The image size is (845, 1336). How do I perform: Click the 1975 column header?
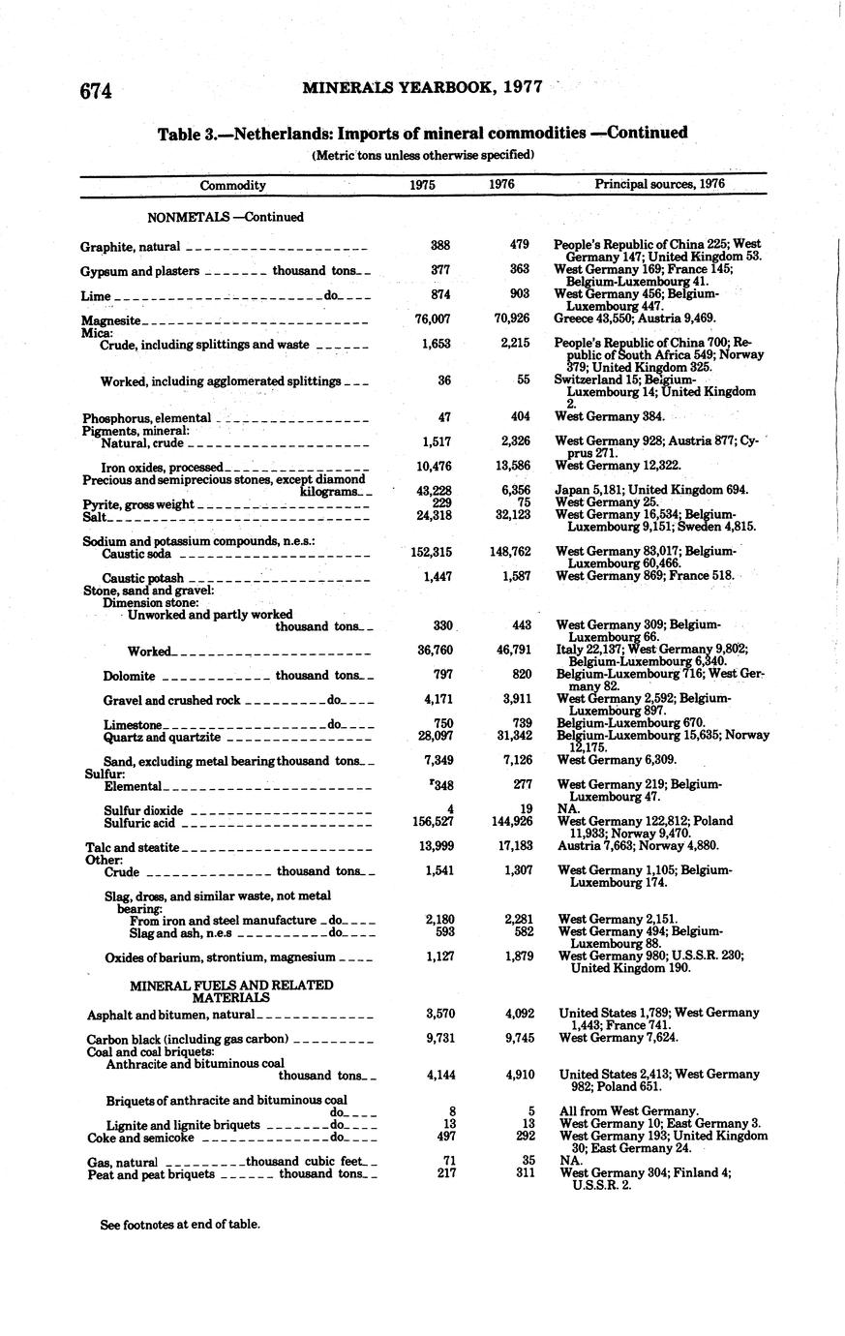pyautogui.click(x=422, y=185)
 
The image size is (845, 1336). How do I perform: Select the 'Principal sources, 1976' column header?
pyautogui.click(x=659, y=185)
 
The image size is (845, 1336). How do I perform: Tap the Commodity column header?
pyautogui.click(x=232, y=185)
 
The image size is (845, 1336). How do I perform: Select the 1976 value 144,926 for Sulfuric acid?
pyautogui.click(x=515, y=821)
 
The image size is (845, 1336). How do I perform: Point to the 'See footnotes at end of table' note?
pyautogui.click(x=181, y=1224)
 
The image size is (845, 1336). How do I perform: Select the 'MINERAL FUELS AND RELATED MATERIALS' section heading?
pyautogui.click(x=231, y=990)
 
